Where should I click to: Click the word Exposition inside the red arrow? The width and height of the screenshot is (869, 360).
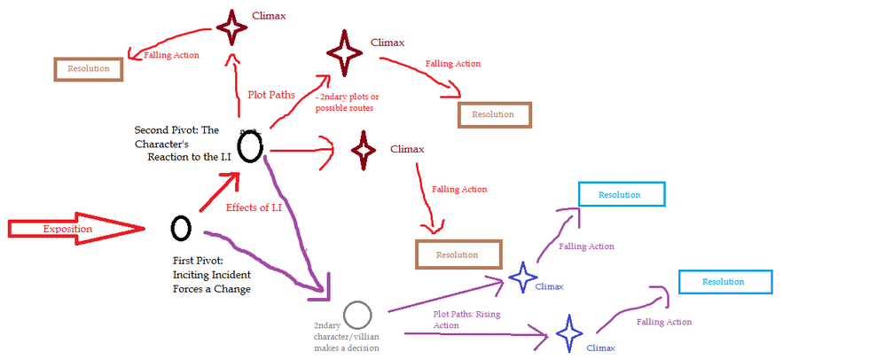pyautogui.click(x=67, y=230)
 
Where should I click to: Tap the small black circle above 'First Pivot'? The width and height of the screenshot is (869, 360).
pyautogui.click(x=181, y=228)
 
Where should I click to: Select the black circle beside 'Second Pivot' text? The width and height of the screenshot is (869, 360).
pyautogui.click(x=250, y=145)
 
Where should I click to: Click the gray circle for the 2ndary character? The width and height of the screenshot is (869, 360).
pyautogui.click(x=357, y=314)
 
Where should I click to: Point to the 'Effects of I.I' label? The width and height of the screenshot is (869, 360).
pyautogui.click(x=254, y=207)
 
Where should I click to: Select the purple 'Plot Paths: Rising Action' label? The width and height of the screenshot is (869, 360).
pyautogui.click(x=465, y=319)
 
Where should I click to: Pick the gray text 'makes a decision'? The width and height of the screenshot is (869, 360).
pyautogui.click(x=347, y=348)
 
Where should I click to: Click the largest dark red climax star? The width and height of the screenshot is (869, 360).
pyautogui.click(x=344, y=52)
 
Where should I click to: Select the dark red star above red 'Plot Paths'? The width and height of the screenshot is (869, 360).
pyautogui.click(x=232, y=27)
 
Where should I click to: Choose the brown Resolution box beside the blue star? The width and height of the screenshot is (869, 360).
pyautogui.click(x=458, y=254)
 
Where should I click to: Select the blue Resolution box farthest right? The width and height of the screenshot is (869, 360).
pyautogui.click(x=725, y=281)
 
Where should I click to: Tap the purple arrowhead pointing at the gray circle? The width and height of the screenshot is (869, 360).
pyautogui.click(x=324, y=286)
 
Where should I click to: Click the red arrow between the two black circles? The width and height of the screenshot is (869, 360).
pyautogui.click(x=218, y=192)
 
